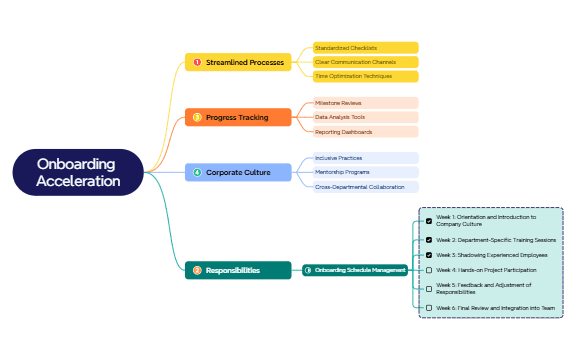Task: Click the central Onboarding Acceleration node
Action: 78,172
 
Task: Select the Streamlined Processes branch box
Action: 238,62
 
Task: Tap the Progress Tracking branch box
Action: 238,117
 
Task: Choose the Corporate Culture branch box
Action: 238,172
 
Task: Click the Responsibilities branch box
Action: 238,270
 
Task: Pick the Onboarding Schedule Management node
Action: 355,270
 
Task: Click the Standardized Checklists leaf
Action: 365,47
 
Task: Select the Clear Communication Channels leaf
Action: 365,62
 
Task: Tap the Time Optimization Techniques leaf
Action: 365,76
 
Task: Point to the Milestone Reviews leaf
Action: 365,103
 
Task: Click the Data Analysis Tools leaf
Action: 365,117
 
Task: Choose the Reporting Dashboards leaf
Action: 365,132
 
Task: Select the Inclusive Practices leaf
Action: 365,158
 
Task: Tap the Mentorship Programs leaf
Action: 365,172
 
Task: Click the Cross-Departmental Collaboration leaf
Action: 365,187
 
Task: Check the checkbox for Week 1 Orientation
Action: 429,221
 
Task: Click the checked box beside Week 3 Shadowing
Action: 429,255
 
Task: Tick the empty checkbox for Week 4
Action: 429,270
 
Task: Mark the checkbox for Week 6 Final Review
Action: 429,307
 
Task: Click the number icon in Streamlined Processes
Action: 197,62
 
